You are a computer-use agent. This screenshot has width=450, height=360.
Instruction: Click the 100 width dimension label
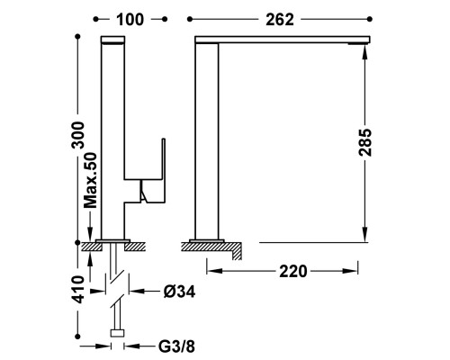click(x=130, y=20)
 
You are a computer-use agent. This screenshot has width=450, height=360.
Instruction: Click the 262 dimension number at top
click(x=280, y=20)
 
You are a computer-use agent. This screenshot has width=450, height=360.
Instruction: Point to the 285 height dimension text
click(x=365, y=142)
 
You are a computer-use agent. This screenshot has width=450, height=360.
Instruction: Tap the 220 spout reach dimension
click(x=293, y=272)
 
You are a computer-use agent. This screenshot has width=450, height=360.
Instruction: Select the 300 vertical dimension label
click(x=79, y=135)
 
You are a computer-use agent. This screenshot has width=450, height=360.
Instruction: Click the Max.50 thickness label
click(x=90, y=180)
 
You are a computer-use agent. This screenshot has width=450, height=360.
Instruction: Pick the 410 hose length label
click(x=79, y=289)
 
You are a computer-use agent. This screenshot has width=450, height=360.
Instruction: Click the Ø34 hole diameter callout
click(x=179, y=292)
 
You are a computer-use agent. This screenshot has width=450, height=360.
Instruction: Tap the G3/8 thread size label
click(x=176, y=346)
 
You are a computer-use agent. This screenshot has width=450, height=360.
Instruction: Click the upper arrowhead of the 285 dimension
click(x=364, y=52)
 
